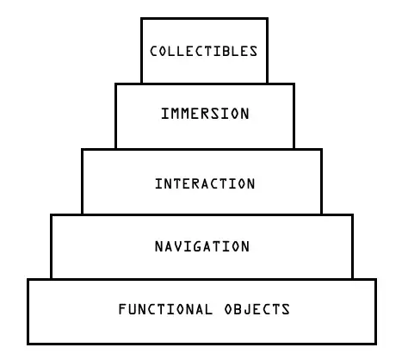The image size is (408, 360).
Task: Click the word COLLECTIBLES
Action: [x=204, y=51]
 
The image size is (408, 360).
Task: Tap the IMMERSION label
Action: [x=205, y=114]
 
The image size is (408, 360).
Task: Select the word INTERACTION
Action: [x=205, y=183]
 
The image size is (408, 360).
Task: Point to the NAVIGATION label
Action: [x=202, y=246]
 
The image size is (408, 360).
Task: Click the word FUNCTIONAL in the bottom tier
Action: [x=165, y=309]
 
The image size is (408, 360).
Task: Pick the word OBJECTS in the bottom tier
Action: [x=257, y=309]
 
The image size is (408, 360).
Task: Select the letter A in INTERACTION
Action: [x=205, y=183]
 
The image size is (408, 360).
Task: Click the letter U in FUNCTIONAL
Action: [x=134, y=309]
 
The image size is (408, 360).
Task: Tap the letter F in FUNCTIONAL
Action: [x=123, y=309]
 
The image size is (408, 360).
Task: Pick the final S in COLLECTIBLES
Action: [x=253, y=51]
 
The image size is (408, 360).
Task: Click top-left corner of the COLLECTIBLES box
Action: [x=141, y=19]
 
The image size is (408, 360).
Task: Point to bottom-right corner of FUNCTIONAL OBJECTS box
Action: [x=375, y=344]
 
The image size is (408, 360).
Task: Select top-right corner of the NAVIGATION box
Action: [x=352, y=214]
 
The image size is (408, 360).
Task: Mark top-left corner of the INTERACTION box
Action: [x=82, y=150]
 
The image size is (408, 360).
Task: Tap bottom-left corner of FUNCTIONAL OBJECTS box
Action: [x=28, y=344]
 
